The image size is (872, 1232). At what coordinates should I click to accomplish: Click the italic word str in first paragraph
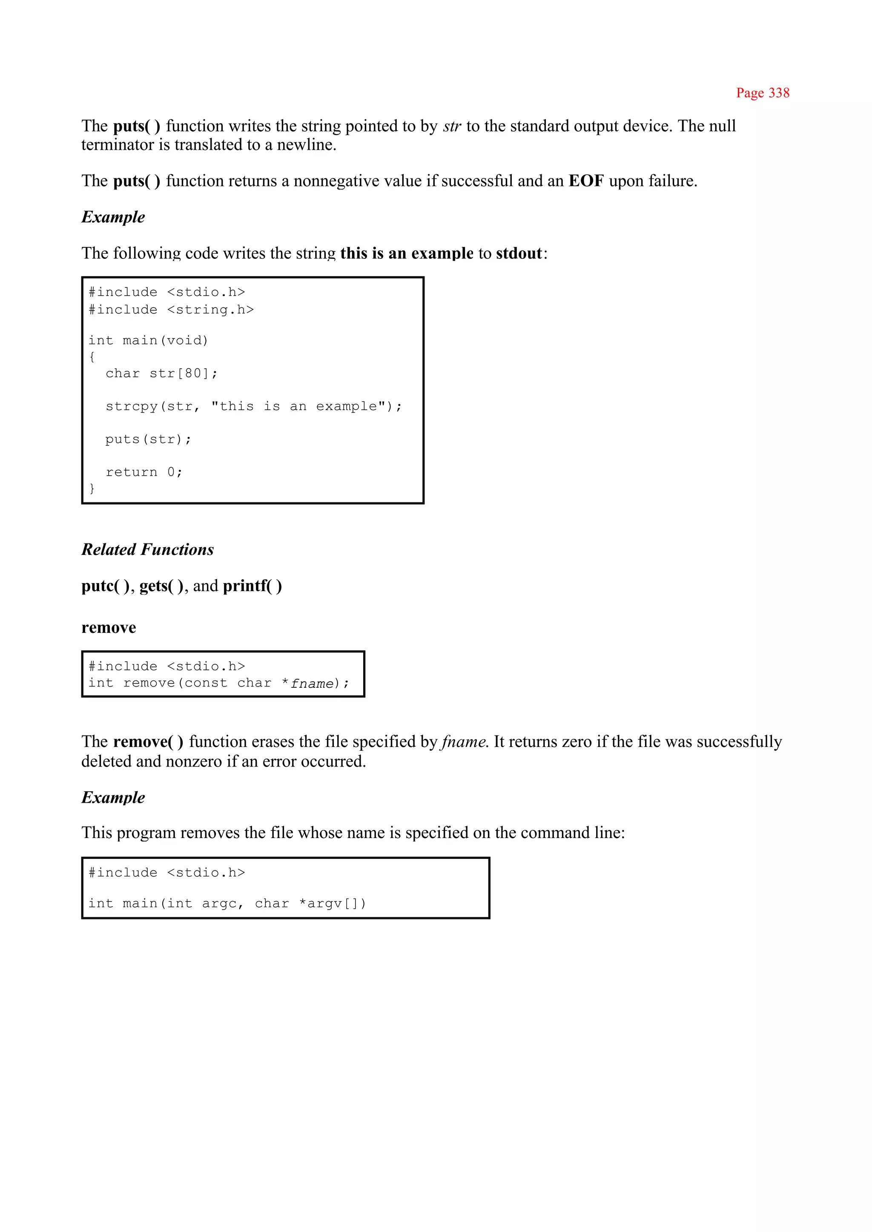pos(452,126)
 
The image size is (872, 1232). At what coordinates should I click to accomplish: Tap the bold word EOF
pos(586,181)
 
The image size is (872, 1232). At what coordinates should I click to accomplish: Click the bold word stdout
pos(519,253)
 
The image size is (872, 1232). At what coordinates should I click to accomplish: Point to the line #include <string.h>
pos(171,310)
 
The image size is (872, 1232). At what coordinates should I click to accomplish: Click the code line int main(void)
pos(148,341)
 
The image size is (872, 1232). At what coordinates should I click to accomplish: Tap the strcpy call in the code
pos(253,407)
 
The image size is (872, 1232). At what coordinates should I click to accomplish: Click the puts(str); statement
pos(148,439)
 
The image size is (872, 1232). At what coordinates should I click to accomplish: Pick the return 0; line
pos(144,472)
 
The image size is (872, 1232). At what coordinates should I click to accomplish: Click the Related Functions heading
pos(148,549)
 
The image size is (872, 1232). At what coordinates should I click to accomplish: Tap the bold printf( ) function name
pos(252,586)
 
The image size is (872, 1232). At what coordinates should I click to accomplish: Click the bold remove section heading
pos(109,627)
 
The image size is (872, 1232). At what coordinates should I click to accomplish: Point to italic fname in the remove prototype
pos(312,683)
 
